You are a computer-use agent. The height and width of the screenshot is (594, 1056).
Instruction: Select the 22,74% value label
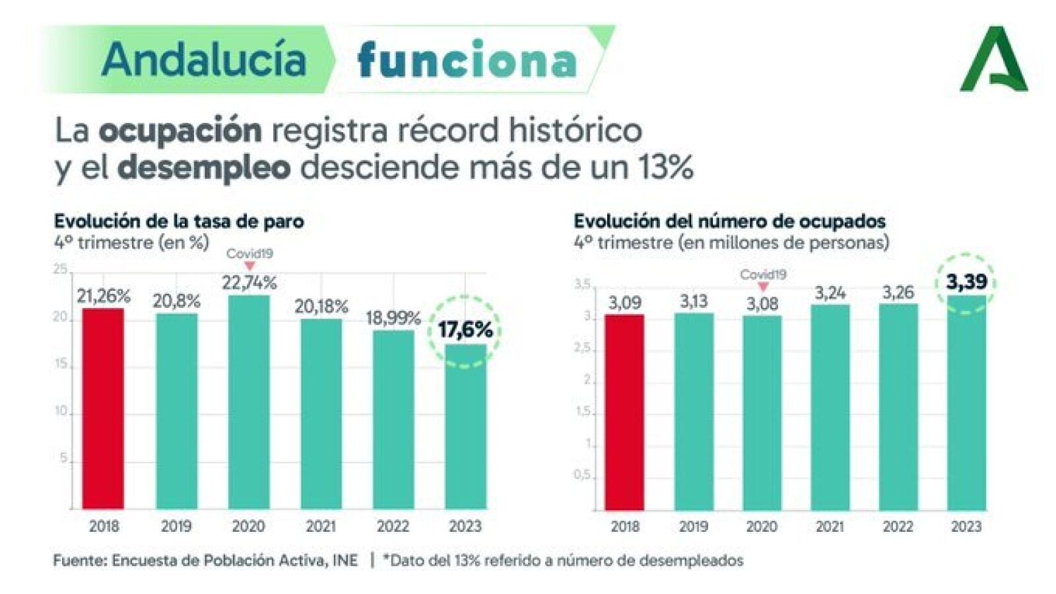249,283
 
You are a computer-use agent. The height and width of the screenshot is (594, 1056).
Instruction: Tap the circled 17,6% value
465,329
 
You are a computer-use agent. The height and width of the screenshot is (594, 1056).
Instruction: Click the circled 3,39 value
966,282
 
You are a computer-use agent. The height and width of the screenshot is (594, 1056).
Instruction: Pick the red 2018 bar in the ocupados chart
624,412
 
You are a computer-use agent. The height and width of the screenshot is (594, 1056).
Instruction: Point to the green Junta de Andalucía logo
993,59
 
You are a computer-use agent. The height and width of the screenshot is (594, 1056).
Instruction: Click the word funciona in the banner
467,60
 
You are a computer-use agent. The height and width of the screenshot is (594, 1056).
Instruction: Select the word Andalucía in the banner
204,59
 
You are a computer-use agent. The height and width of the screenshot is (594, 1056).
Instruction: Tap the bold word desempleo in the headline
204,168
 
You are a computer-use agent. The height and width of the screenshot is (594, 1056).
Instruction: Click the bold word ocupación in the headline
180,130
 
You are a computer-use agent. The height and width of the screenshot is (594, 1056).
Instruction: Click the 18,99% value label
393,318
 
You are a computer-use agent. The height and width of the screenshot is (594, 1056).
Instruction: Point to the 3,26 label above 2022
898,292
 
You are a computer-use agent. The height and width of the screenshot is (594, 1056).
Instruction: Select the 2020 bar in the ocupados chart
762,412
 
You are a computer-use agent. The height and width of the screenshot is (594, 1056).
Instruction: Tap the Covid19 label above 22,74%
249,253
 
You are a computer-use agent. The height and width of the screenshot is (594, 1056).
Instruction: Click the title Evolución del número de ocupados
729,221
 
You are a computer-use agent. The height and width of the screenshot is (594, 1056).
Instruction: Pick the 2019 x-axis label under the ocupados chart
693,527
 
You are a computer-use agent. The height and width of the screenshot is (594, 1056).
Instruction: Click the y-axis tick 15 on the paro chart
61,364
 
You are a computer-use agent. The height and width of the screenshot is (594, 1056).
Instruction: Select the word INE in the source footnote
345,560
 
